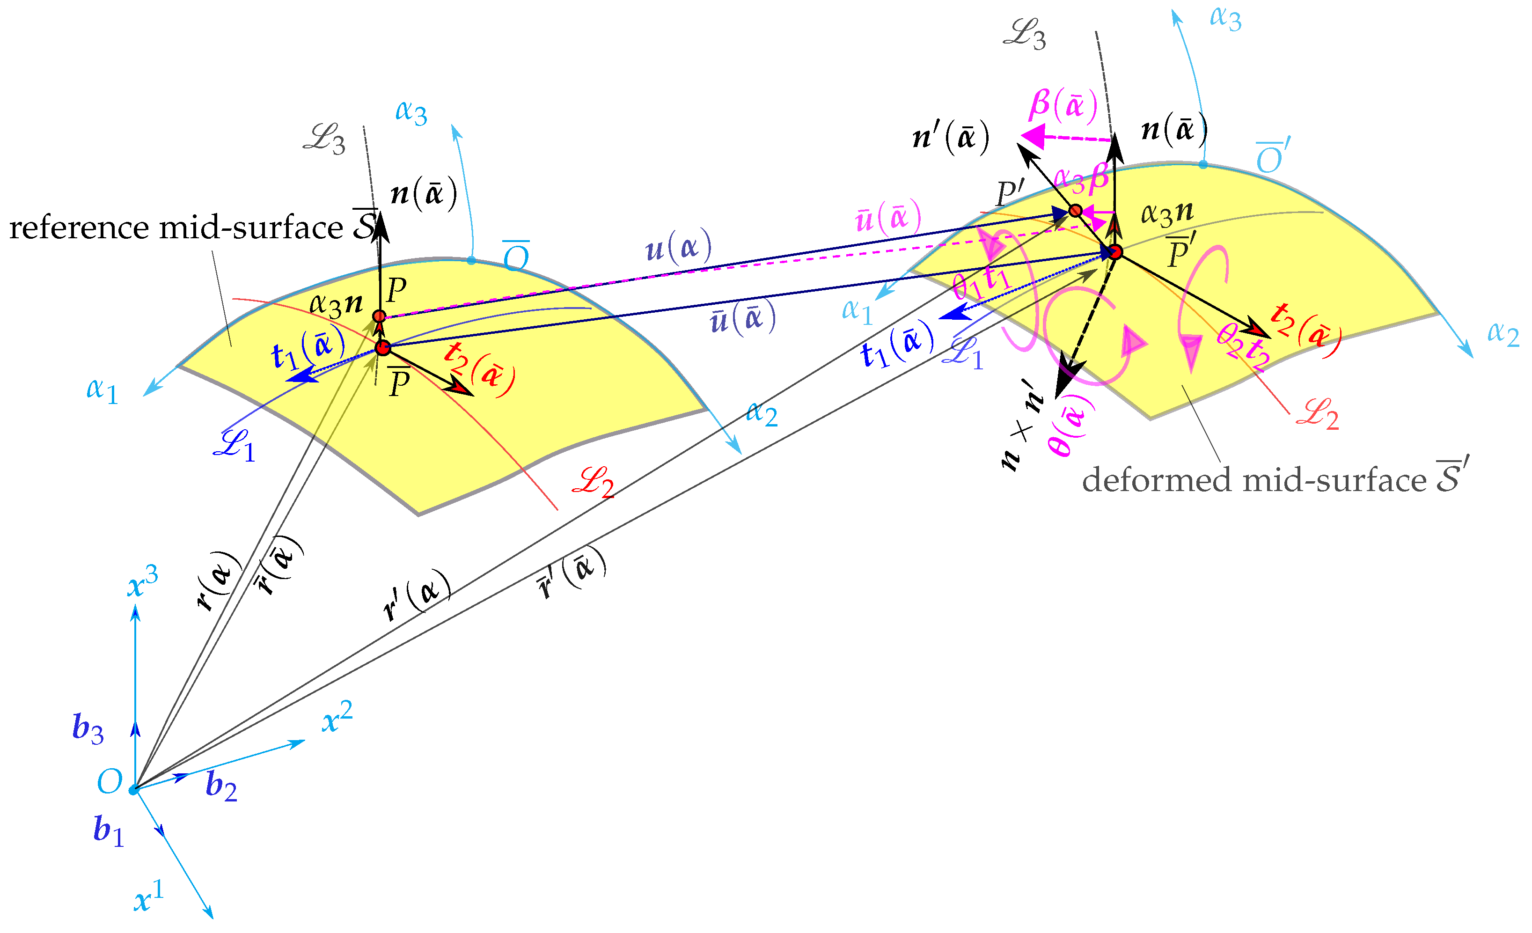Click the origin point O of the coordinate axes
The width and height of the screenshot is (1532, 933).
tap(134, 790)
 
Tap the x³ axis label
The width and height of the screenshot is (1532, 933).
tap(142, 583)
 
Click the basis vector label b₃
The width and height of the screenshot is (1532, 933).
tap(88, 728)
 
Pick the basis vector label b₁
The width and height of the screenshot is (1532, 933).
tap(108, 830)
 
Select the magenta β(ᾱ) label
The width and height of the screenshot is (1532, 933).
tap(1063, 104)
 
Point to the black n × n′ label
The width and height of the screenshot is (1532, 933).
tap(1019, 430)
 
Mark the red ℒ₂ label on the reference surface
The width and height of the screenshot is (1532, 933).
tap(593, 482)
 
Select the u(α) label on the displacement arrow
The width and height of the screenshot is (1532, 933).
tap(678, 249)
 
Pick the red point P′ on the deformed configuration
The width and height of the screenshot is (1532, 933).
tap(1075, 210)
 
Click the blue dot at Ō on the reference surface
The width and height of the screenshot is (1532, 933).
tap(471, 260)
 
